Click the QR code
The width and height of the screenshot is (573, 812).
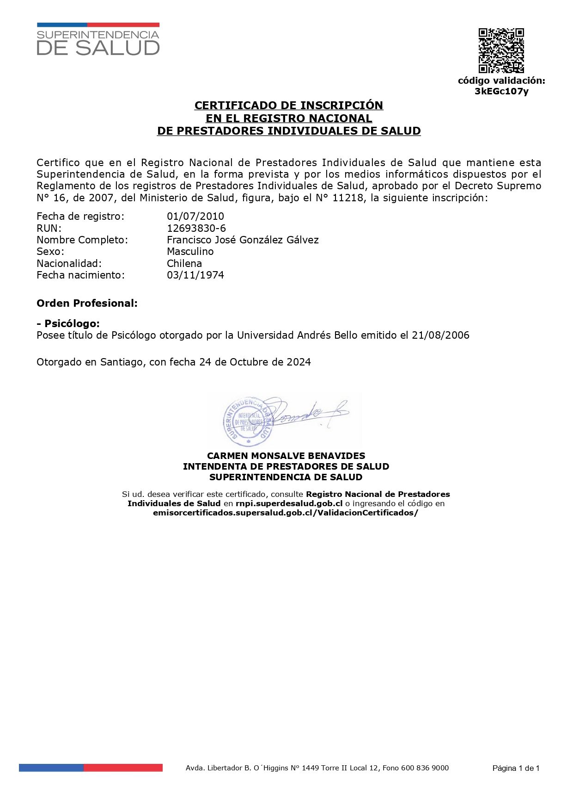point(501,50)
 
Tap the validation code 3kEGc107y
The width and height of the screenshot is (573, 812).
point(501,91)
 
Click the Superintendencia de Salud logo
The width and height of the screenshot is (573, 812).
point(98,40)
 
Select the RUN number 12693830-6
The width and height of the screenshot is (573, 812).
point(196,228)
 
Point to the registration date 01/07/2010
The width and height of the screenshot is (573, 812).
point(195,216)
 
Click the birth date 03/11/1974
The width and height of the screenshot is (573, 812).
point(195,275)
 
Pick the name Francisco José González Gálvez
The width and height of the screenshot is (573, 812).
point(243,240)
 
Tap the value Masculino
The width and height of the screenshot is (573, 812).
point(190,251)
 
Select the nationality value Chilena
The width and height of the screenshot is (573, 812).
point(184,263)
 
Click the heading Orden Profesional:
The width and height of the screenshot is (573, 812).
point(87,303)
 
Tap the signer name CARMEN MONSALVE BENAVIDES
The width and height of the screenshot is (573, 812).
point(286,456)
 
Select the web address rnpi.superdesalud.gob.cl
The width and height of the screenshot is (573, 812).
point(289,503)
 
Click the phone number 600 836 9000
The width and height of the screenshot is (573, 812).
point(425,768)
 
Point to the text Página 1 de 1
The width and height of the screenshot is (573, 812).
point(516,769)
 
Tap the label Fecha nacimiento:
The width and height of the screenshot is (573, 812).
point(80,275)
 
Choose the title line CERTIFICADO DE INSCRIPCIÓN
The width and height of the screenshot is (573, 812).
point(289,105)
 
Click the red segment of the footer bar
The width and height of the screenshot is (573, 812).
point(123,768)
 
